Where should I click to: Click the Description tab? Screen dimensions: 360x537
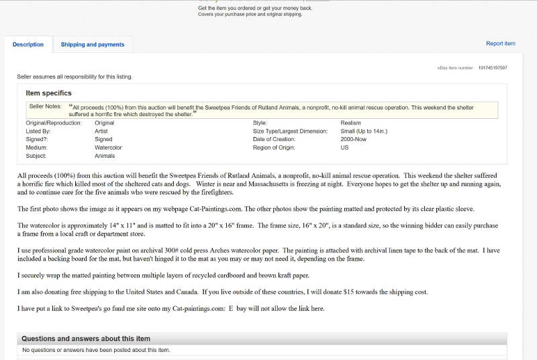click(28, 44)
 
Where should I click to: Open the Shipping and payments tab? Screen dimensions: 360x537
click(93, 44)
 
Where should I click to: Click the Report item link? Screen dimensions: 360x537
click(500, 44)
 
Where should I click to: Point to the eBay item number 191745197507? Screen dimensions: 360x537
click(493, 68)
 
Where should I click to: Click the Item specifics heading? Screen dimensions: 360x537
click(48, 93)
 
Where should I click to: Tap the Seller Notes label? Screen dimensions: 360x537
click(45, 106)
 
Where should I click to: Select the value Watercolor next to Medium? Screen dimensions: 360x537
click(108, 147)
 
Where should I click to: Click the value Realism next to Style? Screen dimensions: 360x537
click(350, 123)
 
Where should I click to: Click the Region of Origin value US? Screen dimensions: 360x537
click(344, 147)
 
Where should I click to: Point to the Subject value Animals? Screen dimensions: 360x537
click(105, 155)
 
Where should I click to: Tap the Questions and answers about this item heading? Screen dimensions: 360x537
click(86, 339)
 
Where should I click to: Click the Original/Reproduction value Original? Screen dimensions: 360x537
click(104, 123)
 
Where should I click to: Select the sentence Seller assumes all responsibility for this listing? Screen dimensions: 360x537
click(75, 77)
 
